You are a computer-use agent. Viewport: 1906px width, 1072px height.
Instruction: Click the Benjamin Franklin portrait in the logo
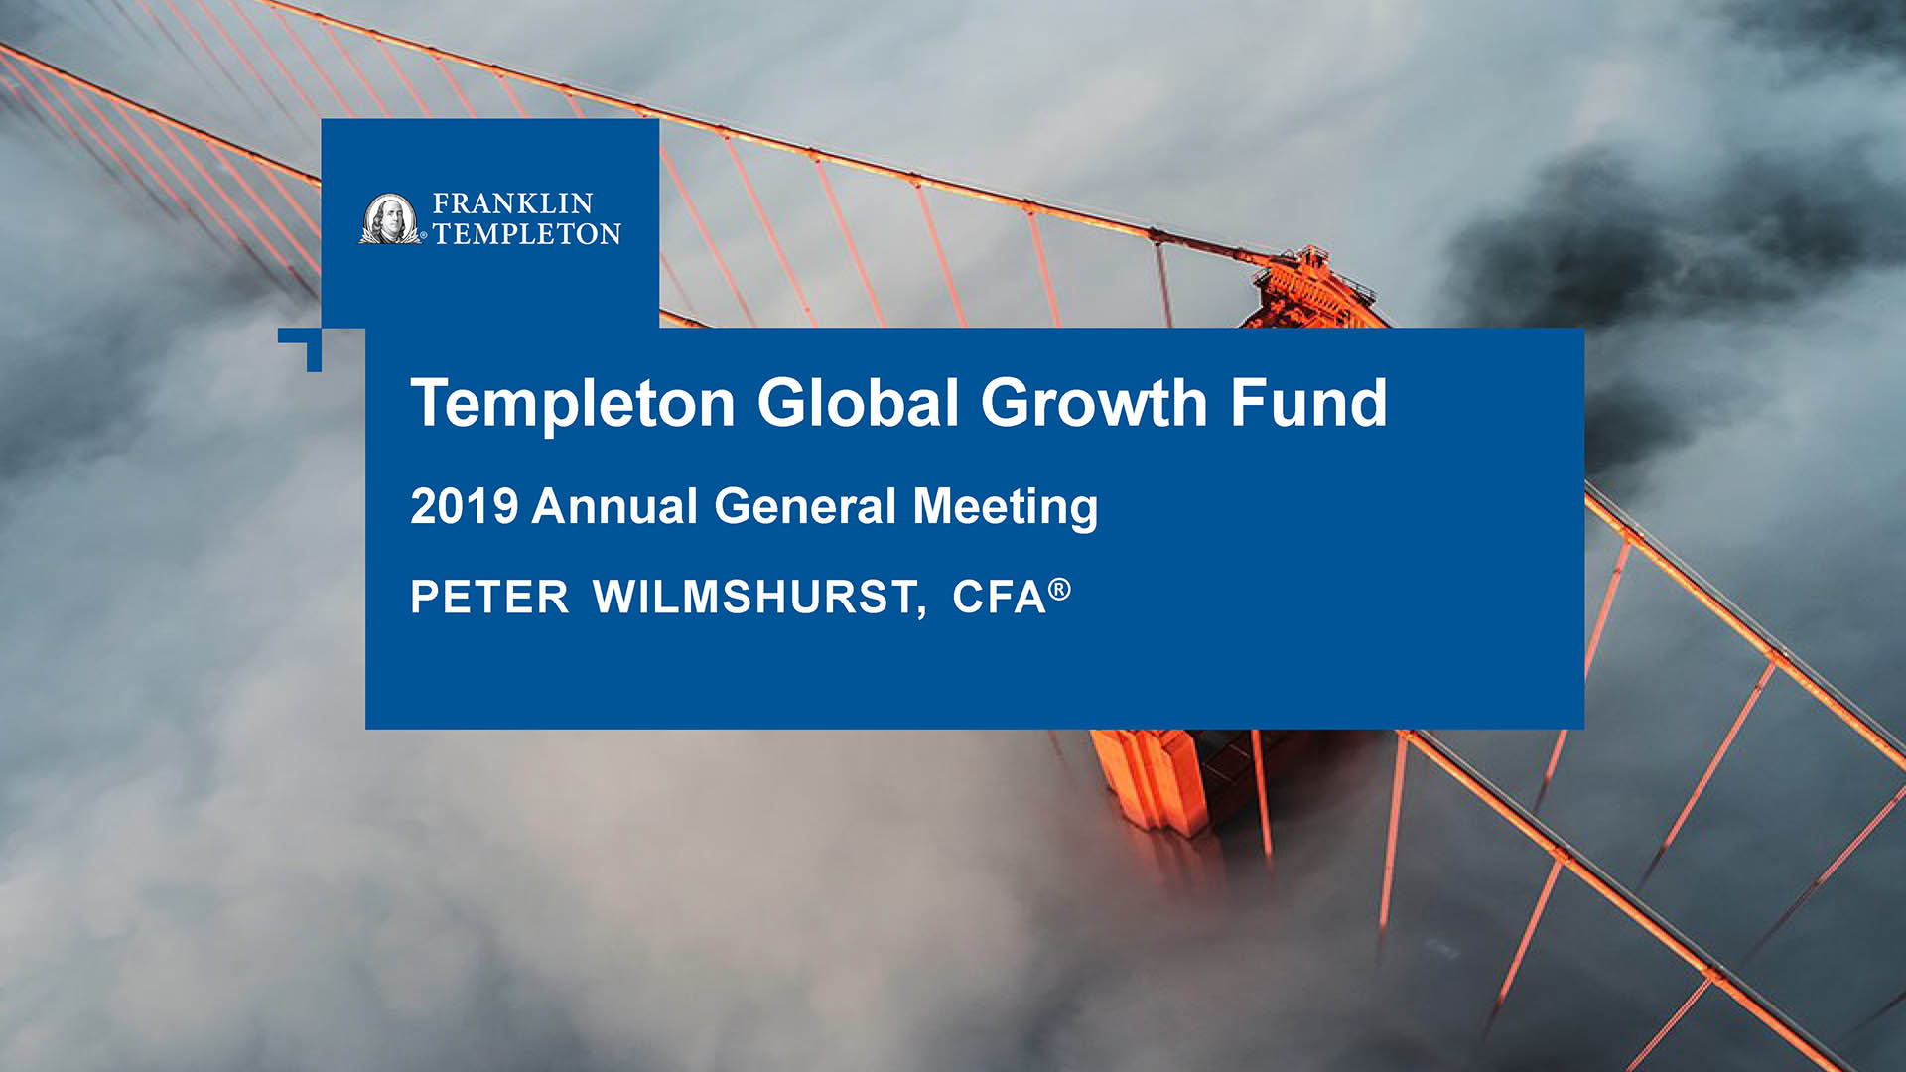click(390, 218)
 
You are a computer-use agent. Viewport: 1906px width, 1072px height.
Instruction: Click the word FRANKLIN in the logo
click(512, 203)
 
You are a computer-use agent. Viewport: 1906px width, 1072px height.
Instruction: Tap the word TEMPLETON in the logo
click(527, 233)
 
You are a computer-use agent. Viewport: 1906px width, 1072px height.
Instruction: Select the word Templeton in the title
click(573, 404)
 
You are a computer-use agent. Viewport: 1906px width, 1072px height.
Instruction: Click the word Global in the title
click(859, 402)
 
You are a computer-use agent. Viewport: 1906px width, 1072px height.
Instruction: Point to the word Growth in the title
click(1094, 404)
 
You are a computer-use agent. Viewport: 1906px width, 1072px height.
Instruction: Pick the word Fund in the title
click(1308, 402)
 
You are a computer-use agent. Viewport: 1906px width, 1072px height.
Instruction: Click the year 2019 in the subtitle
click(464, 506)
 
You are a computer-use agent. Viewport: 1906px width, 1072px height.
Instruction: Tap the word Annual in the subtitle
click(614, 506)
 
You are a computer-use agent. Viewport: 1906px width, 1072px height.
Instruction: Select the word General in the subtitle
click(805, 506)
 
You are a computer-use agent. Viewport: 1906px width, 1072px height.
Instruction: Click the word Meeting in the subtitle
click(1006, 508)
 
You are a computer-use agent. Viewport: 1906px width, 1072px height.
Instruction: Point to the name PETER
click(489, 598)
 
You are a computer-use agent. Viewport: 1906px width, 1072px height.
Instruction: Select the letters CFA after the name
click(1000, 598)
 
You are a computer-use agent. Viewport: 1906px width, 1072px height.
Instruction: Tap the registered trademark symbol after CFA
click(1060, 590)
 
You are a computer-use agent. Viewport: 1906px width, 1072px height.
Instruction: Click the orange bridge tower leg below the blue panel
click(1152, 779)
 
